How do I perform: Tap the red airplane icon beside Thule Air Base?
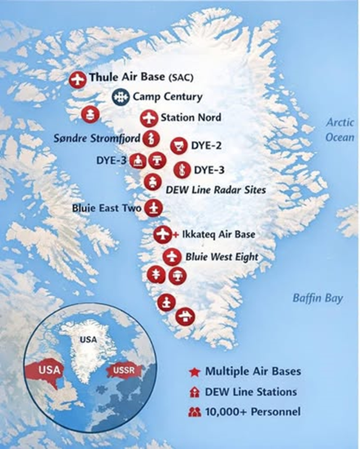77,79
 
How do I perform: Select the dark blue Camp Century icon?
119,97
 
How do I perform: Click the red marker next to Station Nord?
148,118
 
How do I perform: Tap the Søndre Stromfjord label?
97,138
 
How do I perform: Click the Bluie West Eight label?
222,257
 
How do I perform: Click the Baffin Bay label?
317,298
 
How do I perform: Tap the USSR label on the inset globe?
124,369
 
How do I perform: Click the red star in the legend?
194,372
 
